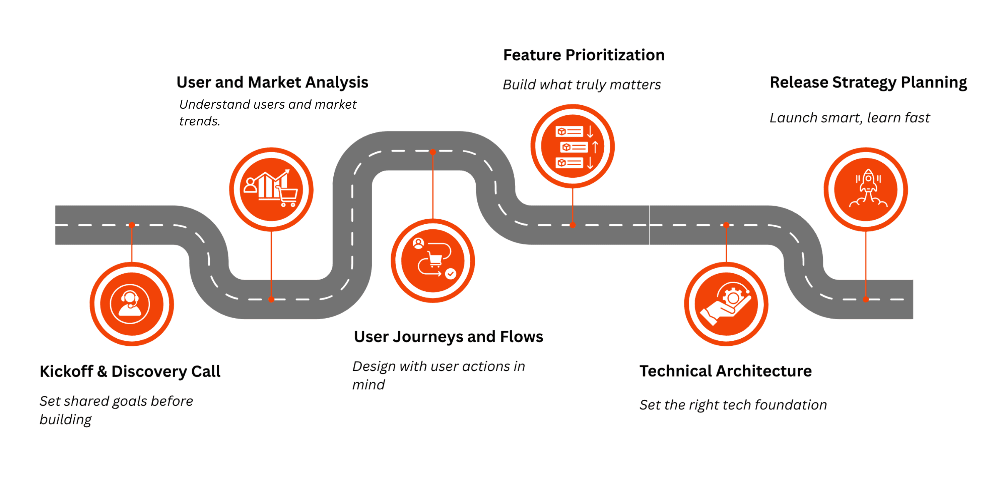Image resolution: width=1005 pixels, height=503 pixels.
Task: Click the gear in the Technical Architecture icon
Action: click(x=733, y=297)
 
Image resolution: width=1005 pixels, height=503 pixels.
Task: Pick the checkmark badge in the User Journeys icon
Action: click(x=451, y=273)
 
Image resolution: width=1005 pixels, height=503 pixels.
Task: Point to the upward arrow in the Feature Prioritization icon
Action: click(x=595, y=147)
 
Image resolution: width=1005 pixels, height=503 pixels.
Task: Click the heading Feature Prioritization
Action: click(x=584, y=55)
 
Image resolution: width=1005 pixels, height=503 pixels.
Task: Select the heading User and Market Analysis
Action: click(x=272, y=82)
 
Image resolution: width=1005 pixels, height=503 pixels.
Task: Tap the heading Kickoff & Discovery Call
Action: click(x=130, y=372)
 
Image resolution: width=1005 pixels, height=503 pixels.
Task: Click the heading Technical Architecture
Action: click(x=725, y=371)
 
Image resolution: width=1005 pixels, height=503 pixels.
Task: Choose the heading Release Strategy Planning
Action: click(x=868, y=82)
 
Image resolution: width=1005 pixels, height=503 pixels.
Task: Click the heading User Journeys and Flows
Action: click(x=448, y=337)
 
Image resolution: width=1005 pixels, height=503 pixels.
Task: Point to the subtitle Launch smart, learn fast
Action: click(x=849, y=118)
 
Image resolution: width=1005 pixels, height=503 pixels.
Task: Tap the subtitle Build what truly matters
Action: click(x=581, y=85)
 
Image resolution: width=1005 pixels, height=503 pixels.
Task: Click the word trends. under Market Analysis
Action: click(x=199, y=121)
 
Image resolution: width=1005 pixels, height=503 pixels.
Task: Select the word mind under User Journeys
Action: click(x=368, y=385)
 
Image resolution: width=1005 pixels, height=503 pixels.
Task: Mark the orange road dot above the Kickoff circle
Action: click(x=132, y=225)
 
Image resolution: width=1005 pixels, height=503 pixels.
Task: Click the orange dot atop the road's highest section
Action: click(x=433, y=152)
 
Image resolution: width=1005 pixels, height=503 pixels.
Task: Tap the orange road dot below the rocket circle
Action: click(x=866, y=299)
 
